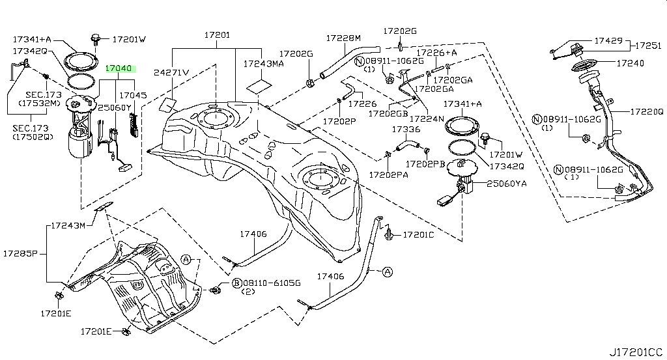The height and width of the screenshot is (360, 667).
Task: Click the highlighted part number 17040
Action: tap(119, 68)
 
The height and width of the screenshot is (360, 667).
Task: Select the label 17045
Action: tap(134, 95)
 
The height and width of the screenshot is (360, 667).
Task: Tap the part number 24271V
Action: tap(171, 72)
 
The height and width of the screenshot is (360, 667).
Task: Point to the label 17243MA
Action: tap(263, 64)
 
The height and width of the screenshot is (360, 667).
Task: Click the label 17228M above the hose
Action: tap(343, 38)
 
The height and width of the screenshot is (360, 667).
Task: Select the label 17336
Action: tap(406, 130)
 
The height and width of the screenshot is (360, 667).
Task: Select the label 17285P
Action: tap(20, 253)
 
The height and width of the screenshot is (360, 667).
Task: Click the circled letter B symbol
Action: tap(237, 283)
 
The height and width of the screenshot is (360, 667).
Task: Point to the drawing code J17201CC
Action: tap(636, 352)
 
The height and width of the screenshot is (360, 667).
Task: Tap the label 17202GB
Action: tap(388, 113)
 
